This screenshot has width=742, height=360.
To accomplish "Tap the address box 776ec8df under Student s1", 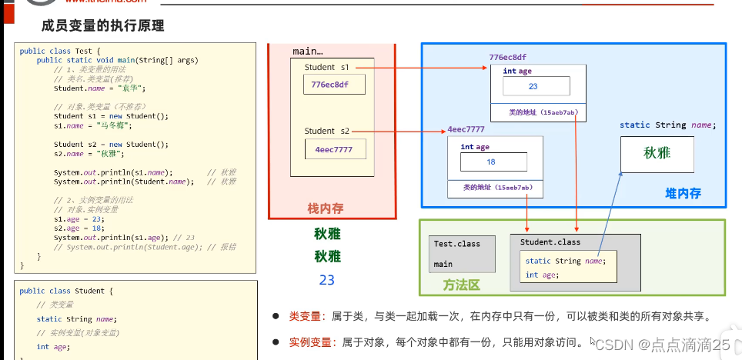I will (330, 85).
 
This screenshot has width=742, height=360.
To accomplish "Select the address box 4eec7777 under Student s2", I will (333, 149).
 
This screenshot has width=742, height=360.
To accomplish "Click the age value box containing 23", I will (533, 87).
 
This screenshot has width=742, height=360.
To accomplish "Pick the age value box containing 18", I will (491, 162).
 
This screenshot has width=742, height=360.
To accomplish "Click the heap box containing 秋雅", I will (657, 153).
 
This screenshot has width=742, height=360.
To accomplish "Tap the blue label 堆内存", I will (683, 194).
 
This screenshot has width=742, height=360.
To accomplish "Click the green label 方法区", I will (461, 285).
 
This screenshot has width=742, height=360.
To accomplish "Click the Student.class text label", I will (550, 242).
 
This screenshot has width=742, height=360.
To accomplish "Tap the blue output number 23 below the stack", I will (326, 280).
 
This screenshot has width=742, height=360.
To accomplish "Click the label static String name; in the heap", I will (667, 125).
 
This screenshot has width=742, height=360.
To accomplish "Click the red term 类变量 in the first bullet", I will (303, 316).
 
